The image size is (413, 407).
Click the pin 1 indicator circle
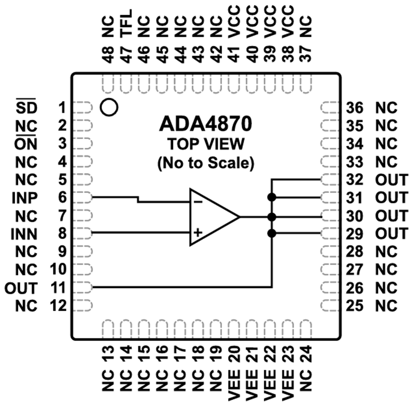click(x=109, y=107)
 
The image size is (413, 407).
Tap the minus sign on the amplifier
click(x=198, y=201)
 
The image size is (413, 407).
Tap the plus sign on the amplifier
click(x=198, y=233)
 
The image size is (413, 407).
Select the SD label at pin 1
click(x=26, y=108)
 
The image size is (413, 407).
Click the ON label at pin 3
click(x=26, y=144)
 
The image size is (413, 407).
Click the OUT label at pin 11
click(x=21, y=288)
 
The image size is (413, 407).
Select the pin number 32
click(x=355, y=180)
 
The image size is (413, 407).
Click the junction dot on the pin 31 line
click(x=272, y=198)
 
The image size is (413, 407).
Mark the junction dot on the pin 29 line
click(x=272, y=234)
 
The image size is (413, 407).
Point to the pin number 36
click(x=355, y=108)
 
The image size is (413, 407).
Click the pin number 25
click(x=355, y=305)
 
